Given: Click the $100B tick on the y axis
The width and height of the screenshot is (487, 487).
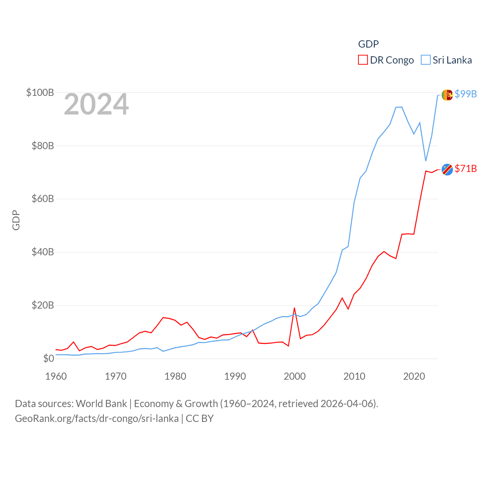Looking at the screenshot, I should [x=40, y=92].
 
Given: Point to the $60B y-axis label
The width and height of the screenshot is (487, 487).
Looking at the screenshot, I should [x=43, y=199].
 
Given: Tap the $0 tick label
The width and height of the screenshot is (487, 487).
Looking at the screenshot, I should [x=48, y=358].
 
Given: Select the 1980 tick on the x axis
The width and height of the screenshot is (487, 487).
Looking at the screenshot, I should [x=175, y=376].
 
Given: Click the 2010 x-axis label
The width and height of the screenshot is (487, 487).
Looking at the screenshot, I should [x=354, y=376].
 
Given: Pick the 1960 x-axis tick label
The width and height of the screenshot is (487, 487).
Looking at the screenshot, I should [x=56, y=376].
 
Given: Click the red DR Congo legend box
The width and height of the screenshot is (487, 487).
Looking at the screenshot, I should [x=363, y=60].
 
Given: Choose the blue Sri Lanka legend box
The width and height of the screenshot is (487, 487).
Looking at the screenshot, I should [x=426, y=60].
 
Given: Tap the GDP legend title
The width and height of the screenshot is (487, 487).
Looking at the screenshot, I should [x=368, y=44].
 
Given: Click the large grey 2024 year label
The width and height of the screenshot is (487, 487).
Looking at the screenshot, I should [x=96, y=104].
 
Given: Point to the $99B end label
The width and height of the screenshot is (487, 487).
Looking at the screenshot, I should [x=466, y=94].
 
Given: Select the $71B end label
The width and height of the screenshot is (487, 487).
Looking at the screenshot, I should [x=466, y=169].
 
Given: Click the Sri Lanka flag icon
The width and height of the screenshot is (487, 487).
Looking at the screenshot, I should [x=447, y=95].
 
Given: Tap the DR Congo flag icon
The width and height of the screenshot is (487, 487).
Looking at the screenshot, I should [x=447, y=170].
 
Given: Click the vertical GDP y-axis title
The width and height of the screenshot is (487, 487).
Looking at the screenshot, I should [x=16, y=220].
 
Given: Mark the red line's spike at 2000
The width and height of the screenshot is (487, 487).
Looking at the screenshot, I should [x=294, y=308].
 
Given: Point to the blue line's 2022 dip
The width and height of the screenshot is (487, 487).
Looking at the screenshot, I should [x=426, y=161].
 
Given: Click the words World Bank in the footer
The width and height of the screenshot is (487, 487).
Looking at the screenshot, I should [x=101, y=404].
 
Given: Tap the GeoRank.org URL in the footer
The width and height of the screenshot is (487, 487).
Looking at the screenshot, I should [x=97, y=419].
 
